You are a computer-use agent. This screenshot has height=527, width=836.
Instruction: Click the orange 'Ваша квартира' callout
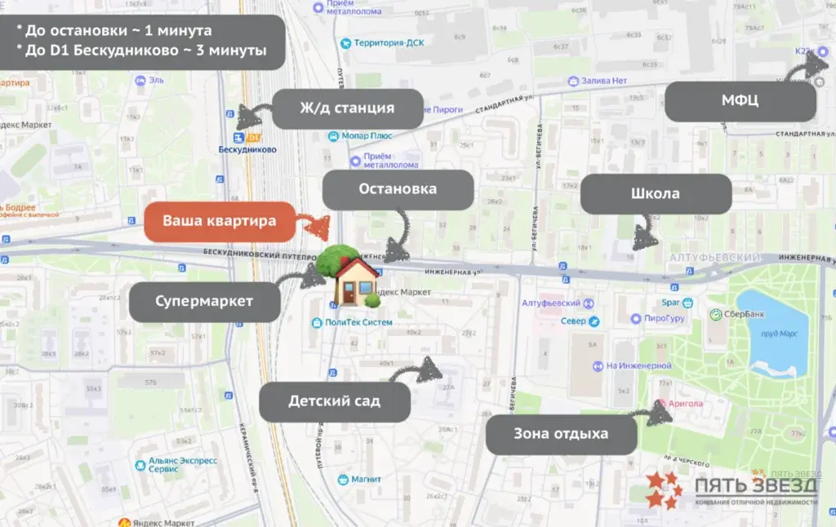click(219, 221)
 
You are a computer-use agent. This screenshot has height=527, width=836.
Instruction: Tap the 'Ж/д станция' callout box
click(347, 108)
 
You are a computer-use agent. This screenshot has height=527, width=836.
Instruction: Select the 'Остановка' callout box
click(398, 189)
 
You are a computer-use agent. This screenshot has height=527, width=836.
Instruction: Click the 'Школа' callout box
click(655, 195)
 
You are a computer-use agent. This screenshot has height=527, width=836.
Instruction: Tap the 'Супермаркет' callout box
click(204, 301)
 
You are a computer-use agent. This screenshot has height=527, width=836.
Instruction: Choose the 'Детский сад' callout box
click(334, 401)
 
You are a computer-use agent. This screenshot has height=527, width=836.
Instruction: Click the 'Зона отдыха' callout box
click(561, 434)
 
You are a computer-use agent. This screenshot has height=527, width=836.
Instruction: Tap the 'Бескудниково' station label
click(248, 149)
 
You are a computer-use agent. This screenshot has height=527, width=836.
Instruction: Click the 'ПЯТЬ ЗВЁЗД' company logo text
click(756, 485)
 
